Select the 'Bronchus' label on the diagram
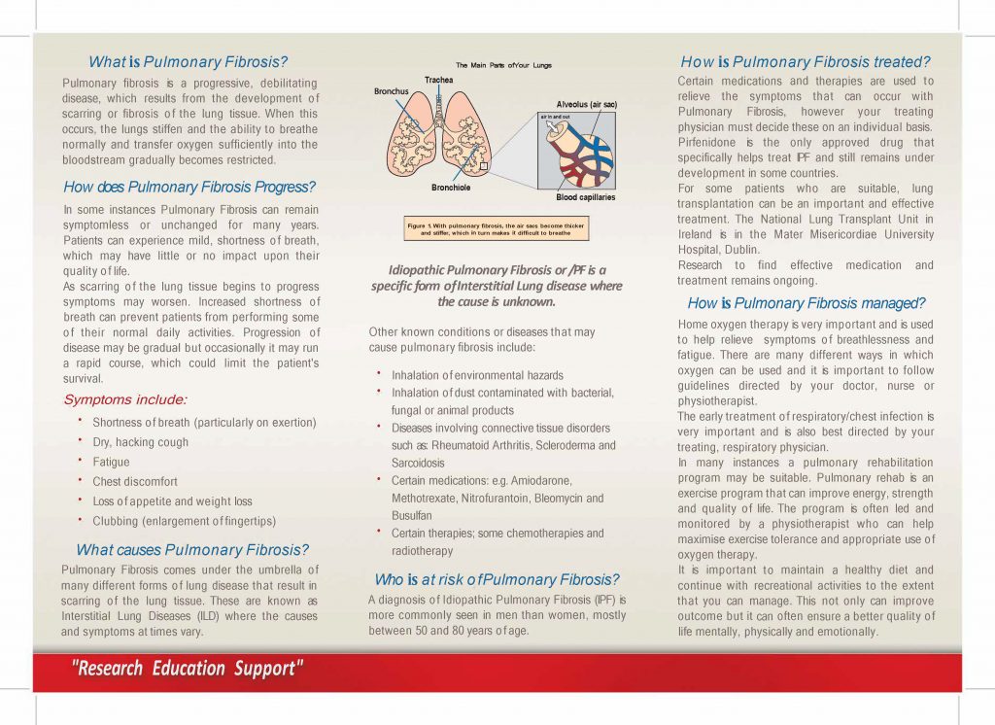coord(392,91)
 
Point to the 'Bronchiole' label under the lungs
coord(451,186)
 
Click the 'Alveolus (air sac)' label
coord(586,104)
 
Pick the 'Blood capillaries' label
coord(585,197)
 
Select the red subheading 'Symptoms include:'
coord(124,399)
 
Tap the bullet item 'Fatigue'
coord(111,462)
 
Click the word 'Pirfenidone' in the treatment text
coord(708,143)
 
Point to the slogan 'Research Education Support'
coord(187,669)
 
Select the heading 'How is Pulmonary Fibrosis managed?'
coord(806,303)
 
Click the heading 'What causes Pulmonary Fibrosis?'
coord(192,550)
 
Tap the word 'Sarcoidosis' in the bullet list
coord(418,464)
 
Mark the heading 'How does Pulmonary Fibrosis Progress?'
coord(190,187)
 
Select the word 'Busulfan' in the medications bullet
coord(413,516)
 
